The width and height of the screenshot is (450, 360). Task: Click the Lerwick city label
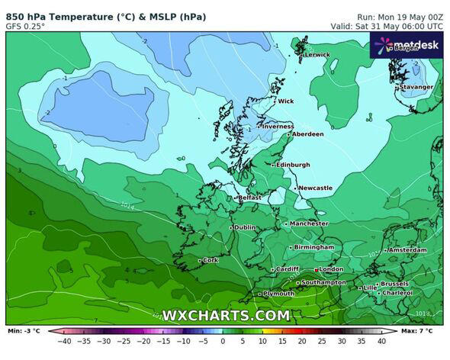pos(317,55)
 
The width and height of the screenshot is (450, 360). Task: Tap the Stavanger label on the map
pos(416,87)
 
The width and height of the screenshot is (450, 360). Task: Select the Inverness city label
pos(278,127)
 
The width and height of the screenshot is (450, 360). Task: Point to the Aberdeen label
pos(308,134)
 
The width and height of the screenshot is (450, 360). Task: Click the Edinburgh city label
pos(293,165)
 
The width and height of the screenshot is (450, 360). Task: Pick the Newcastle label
pos(315,188)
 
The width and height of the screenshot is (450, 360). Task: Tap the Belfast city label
pos(250,198)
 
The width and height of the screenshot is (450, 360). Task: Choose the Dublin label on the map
pos(245,227)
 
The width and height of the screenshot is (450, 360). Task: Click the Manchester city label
pos(309,223)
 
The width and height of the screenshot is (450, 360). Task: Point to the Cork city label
pos(211,260)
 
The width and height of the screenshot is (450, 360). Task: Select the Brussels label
pos(394,284)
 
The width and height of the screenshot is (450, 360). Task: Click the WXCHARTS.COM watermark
pos(226,315)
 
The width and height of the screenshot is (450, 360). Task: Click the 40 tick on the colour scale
pos(381,341)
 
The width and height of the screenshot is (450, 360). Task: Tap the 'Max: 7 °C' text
pos(418,331)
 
